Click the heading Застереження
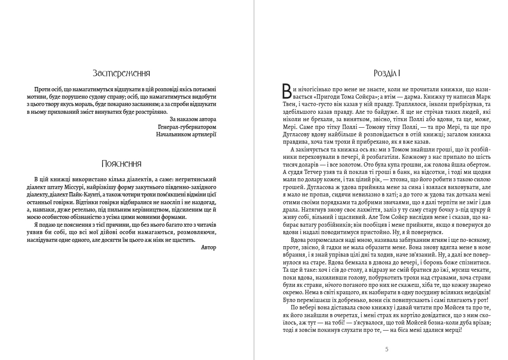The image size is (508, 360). coord(121,73)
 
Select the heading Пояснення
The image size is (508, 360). coord(121,164)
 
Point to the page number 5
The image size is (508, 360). coord(387,349)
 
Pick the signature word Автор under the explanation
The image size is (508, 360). coord(209,247)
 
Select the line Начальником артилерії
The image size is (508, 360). coord(186,134)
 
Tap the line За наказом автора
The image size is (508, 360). coord(193,119)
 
